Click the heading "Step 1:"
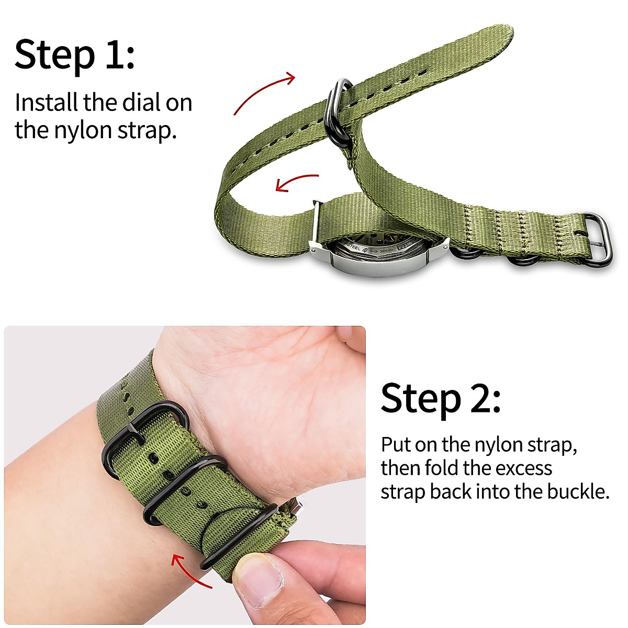[x=74, y=54]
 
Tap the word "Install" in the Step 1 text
[x=46, y=103]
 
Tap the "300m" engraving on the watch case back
[x=386, y=251]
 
